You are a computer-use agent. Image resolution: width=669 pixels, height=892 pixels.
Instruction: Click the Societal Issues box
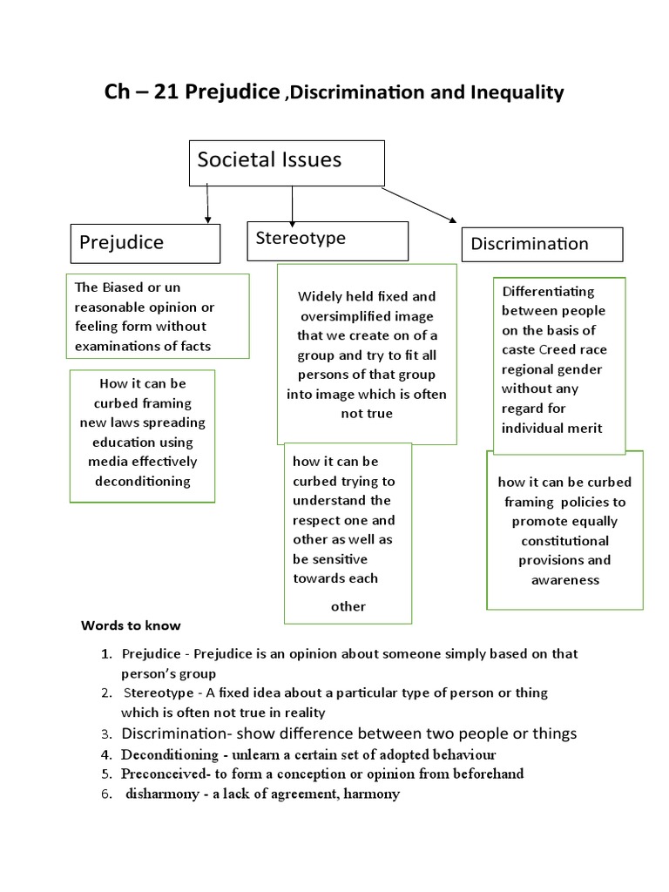tap(287, 162)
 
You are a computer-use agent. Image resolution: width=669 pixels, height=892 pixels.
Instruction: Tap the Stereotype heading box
tap(328, 240)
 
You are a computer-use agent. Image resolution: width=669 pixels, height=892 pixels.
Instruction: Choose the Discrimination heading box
tap(542, 245)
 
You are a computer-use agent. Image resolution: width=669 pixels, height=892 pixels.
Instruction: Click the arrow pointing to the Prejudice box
tap(206, 204)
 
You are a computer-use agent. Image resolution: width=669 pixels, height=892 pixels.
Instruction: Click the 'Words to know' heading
tap(132, 625)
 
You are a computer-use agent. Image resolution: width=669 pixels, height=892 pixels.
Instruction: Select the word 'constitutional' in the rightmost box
tap(564, 541)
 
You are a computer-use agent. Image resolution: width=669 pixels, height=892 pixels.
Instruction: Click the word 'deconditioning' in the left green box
tap(143, 481)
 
